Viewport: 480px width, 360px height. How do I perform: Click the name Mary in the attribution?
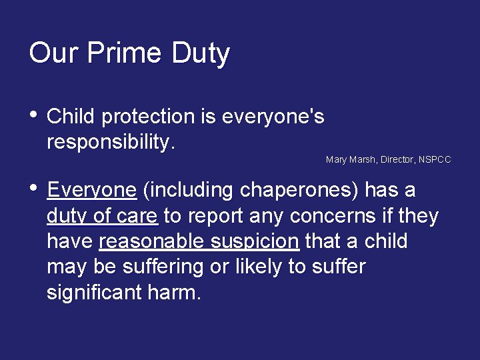[x=335, y=160]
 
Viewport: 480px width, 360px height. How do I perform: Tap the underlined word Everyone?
[x=92, y=191]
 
